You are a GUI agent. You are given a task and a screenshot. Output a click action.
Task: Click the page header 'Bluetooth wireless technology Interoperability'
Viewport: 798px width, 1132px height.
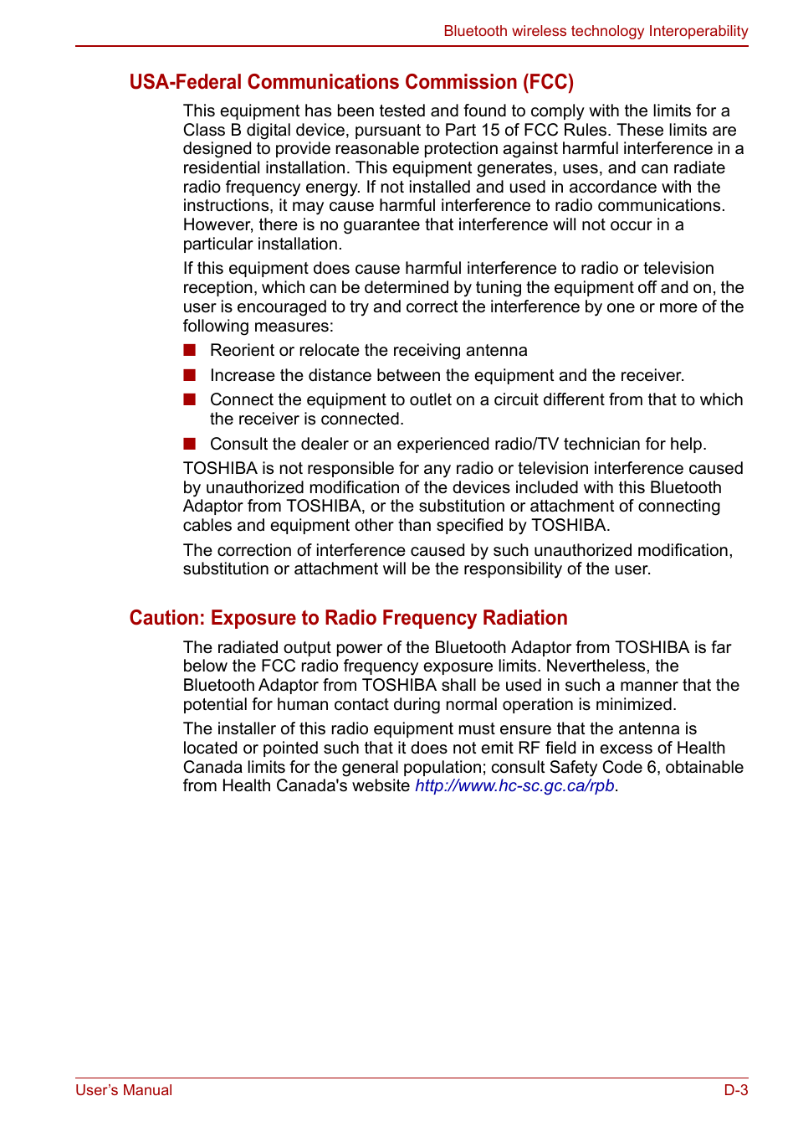coord(596,31)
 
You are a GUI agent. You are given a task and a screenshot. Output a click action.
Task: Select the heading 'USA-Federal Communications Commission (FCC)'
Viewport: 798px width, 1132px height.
coord(351,82)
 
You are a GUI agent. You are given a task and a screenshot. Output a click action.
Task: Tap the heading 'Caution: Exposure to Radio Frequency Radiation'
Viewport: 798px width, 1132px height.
coord(348,618)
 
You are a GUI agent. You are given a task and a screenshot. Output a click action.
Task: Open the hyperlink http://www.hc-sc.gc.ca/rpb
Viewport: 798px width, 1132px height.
coord(514,786)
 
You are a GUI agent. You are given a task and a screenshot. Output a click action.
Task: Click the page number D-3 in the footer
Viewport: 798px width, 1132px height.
coord(735,1090)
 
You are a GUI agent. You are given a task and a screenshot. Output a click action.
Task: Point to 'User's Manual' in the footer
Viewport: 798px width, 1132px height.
coord(124,1090)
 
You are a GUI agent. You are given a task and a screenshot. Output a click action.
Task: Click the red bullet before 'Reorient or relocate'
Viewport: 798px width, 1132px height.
coord(190,350)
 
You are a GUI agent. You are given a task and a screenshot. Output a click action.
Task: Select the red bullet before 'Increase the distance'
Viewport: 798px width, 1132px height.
coord(190,375)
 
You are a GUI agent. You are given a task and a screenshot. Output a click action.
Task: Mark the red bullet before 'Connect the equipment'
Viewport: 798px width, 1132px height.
coord(190,399)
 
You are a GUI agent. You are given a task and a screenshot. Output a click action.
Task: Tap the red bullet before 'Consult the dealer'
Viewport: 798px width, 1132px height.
coord(190,444)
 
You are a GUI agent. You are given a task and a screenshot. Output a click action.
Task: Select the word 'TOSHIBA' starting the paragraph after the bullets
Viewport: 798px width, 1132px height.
coord(220,469)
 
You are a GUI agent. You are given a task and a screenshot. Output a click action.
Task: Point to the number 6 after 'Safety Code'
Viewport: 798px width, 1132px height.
coord(652,768)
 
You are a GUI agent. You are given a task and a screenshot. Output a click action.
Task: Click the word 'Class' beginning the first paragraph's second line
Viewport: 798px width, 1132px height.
coord(204,131)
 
